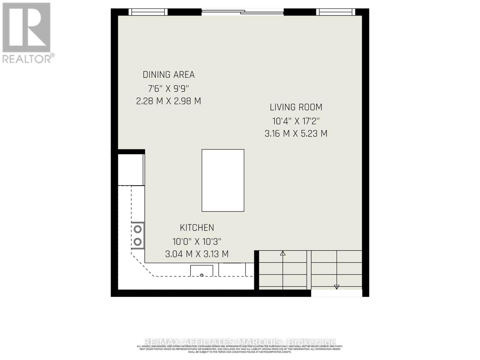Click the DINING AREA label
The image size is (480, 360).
169,75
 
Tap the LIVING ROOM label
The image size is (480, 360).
296,107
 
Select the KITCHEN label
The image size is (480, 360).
197,228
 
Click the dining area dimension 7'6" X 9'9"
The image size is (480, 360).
169,88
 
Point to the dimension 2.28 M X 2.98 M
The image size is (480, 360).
169,101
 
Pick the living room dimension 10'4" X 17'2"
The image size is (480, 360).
296,121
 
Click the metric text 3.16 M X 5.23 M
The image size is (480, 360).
296,133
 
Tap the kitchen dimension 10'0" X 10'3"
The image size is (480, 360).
197,241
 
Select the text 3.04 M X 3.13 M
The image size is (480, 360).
197,254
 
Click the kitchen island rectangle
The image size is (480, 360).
223,180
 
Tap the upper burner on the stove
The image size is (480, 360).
138,229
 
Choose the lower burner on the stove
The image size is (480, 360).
138,241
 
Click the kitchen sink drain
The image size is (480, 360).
202,275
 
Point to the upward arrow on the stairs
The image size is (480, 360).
283,253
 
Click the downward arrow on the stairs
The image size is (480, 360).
337,287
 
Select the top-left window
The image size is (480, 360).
148,12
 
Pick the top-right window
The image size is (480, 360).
335,12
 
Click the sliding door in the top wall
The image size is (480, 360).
242,12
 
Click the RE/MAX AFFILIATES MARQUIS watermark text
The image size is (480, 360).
240,342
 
